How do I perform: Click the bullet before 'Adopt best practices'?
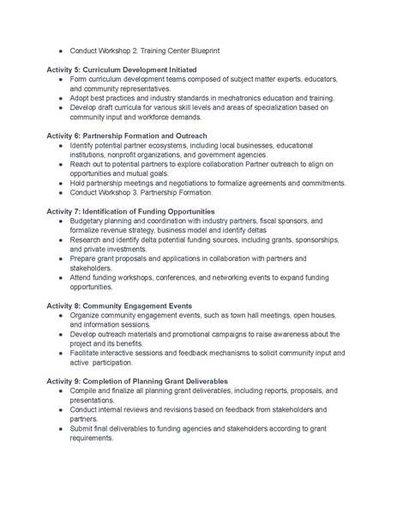61,98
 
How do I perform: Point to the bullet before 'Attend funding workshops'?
61,277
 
